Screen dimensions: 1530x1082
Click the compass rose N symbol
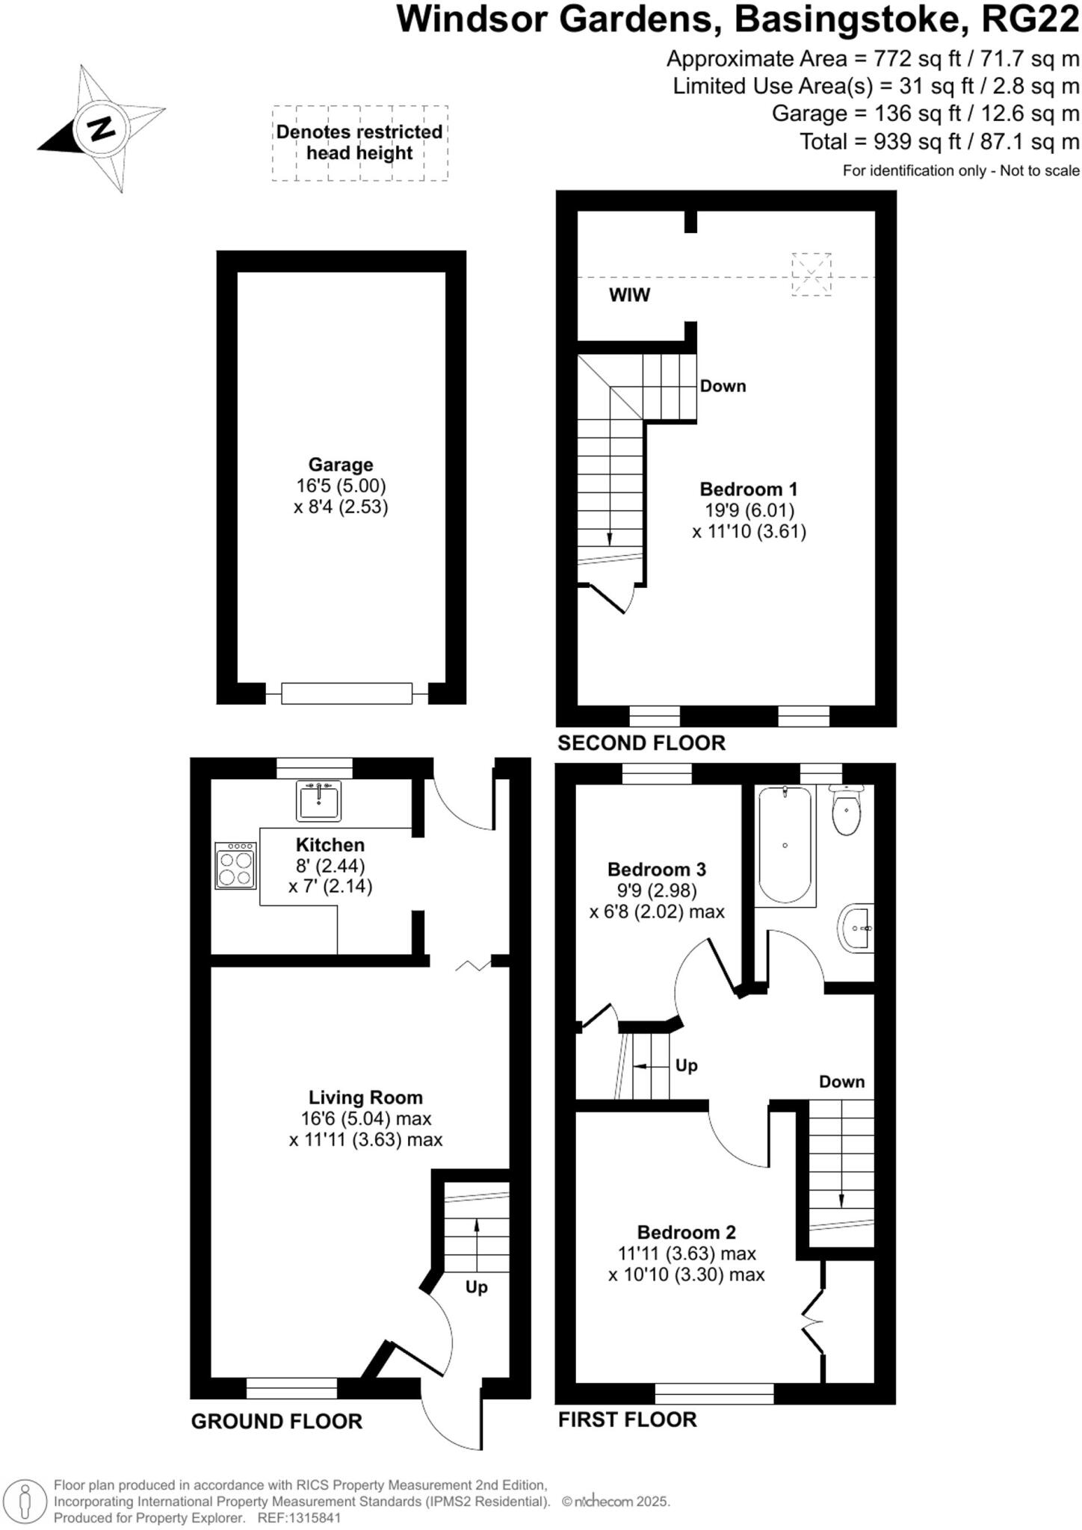[100, 129]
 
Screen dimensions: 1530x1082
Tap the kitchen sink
[319, 802]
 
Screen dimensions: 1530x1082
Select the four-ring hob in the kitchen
[235, 866]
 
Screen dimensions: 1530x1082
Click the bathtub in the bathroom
[785, 845]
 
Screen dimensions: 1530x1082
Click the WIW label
[629, 295]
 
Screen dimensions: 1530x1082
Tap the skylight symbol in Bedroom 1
[811, 274]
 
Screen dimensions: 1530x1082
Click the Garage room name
[341, 465]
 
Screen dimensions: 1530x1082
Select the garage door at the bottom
[347, 693]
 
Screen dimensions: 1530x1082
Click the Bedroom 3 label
[656, 870]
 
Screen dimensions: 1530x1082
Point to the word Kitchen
[330, 845]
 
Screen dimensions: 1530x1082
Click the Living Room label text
[365, 1097]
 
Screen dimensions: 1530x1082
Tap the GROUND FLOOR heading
[276, 1422]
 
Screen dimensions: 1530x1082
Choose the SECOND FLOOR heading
[641, 743]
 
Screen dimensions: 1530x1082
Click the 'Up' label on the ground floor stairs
[476, 1287]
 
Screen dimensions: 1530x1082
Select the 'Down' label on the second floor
[723, 386]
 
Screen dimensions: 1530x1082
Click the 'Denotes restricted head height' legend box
[359, 143]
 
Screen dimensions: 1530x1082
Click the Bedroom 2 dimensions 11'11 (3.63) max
[687, 1254]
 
